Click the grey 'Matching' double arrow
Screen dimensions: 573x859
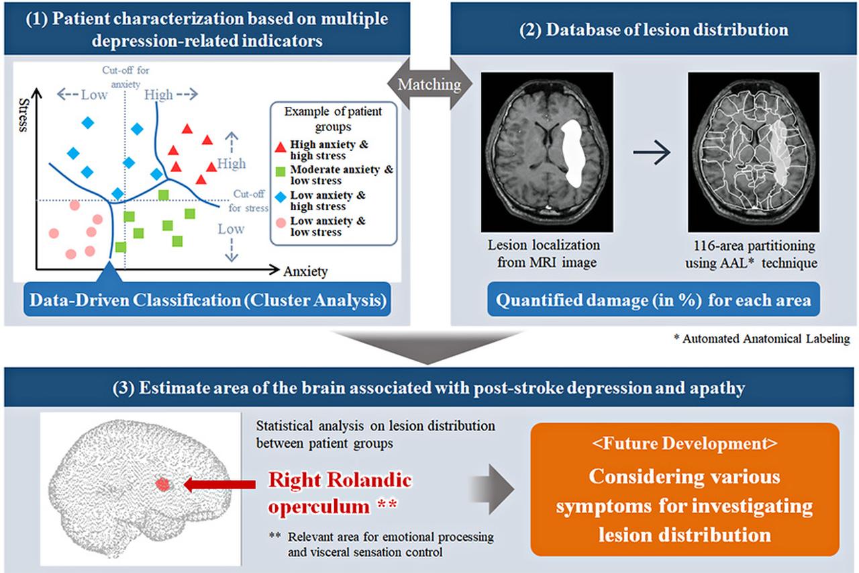(430, 84)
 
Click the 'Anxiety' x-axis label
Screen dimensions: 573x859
(305, 271)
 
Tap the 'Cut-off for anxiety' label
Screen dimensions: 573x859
(121, 77)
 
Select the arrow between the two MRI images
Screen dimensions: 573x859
(652, 154)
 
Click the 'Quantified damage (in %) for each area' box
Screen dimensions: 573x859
(653, 300)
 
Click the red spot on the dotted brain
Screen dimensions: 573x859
(162, 484)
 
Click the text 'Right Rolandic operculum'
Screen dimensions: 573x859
(340, 492)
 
